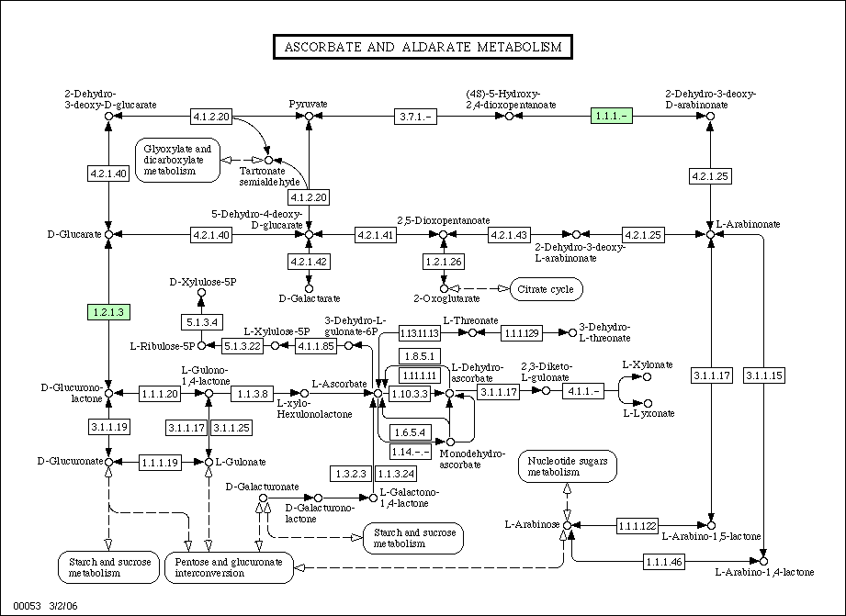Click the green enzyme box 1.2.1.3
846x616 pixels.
pyautogui.click(x=109, y=312)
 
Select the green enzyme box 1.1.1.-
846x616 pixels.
pyautogui.click(x=612, y=116)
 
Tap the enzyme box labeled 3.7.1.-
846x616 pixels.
pyautogui.click(x=415, y=117)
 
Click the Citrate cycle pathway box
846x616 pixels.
pyautogui.click(x=546, y=289)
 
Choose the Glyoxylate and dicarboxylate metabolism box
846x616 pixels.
pyautogui.click(x=177, y=161)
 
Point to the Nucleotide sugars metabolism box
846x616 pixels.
pyautogui.click(x=568, y=466)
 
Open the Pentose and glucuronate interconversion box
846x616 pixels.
pyautogui.click(x=229, y=567)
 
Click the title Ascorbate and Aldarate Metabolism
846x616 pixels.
pyautogui.click(x=423, y=47)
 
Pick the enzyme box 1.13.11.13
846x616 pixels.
pyautogui.click(x=419, y=333)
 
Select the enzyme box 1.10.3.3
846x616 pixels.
pyautogui.click(x=410, y=394)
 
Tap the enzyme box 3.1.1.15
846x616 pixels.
pyautogui.click(x=764, y=375)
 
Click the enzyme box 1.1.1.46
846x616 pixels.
pyautogui.click(x=664, y=562)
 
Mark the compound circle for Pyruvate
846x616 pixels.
pyautogui.click(x=310, y=117)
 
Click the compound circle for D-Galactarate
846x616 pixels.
pyautogui.click(x=310, y=289)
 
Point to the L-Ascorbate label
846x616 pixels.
pyautogui.click(x=339, y=384)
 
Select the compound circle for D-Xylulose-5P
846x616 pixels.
pyautogui.click(x=201, y=292)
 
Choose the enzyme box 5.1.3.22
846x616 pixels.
pyautogui.click(x=243, y=346)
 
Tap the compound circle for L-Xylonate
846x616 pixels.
pyautogui.click(x=648, y=377)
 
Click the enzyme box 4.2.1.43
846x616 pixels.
pyautogui.click(x=509, y=235)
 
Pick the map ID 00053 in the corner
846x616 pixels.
pyautogui.click(x=27, y=606)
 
